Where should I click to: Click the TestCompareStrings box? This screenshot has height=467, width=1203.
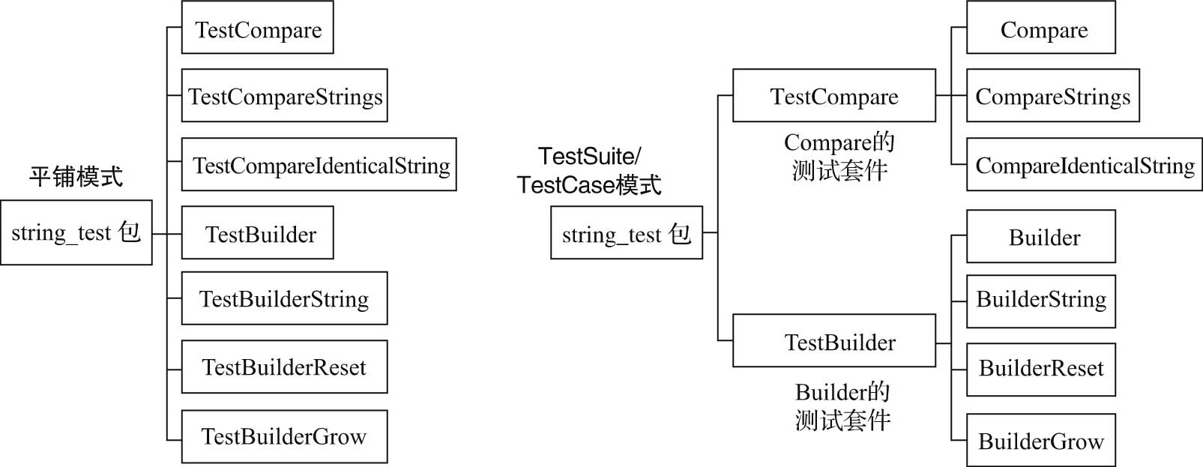click(284, 96)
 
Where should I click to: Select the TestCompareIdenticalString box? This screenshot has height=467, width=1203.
click(319, 164)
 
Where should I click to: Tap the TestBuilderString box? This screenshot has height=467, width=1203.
click(284, 298)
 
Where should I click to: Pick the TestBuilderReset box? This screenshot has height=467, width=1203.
click(284, 367)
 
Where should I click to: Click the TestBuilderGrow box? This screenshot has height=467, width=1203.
click(284, 436)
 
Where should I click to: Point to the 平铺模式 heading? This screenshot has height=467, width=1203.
click(76, 177)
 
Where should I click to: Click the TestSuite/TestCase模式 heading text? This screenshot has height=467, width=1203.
click(589, 171)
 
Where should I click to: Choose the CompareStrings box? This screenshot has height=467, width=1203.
click(1052, 96)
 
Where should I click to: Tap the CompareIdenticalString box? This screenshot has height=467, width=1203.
click(1084, 164)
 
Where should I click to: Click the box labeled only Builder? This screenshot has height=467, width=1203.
click(1040, 237)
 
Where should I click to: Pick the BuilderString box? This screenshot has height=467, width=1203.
click(1040, 301)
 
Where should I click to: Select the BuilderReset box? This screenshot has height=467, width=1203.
click(1040, 370)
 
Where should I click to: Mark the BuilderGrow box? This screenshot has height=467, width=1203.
click(1040, 440)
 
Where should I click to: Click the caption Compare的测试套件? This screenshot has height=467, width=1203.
click(839, 157)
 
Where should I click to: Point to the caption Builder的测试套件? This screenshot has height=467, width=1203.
click(842, 406)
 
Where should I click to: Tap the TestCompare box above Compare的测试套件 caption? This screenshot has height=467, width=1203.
click(833, 96)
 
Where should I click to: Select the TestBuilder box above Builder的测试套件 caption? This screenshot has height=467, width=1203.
click(833, 341)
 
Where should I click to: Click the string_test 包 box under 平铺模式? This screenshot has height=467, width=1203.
click(76, 232)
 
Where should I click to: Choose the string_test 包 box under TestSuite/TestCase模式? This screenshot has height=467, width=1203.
click(626, 233)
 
